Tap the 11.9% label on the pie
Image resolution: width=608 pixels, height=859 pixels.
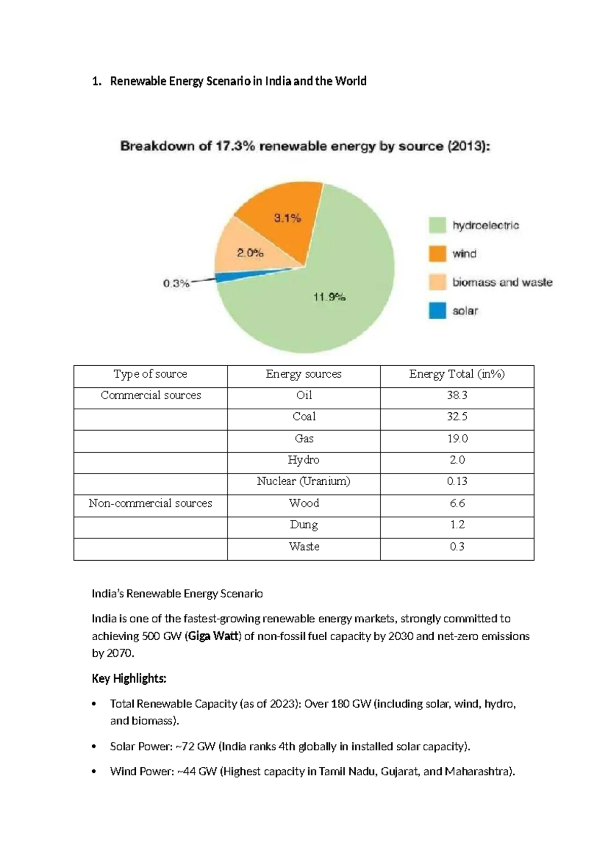[329, 297]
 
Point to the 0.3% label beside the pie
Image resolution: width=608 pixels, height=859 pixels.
[176, 284]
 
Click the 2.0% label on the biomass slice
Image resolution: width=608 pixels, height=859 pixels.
[250, 253]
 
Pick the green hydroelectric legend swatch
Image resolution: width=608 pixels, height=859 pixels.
[437, 225]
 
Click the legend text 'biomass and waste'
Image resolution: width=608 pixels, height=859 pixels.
[502, 282]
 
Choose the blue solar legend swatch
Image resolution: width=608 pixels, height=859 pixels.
[437, 310]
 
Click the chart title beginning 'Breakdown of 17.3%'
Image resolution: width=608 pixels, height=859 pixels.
[305, 146]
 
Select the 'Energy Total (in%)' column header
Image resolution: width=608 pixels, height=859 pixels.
[457, 374]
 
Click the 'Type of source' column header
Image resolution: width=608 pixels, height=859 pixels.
[150, 374]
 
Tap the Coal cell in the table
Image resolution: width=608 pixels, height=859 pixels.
[304, 417]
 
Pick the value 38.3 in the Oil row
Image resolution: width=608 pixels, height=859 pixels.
[457, 395]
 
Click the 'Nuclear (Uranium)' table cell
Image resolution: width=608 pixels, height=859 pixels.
[303, 481]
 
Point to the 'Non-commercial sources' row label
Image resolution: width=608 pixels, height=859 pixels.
[150, 503]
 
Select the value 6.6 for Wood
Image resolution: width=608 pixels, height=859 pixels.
[457, 503]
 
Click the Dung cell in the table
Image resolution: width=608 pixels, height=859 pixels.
[303, 525]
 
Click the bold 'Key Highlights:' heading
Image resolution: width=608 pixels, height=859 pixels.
[129, 679]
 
